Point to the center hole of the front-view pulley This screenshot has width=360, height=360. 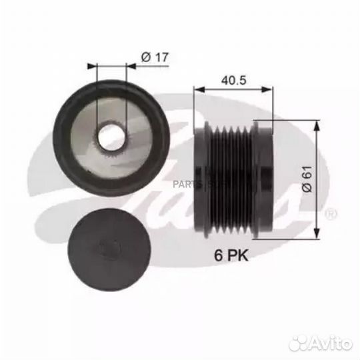[x=109, y=137]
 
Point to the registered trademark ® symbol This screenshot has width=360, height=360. [x=329, y=213]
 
